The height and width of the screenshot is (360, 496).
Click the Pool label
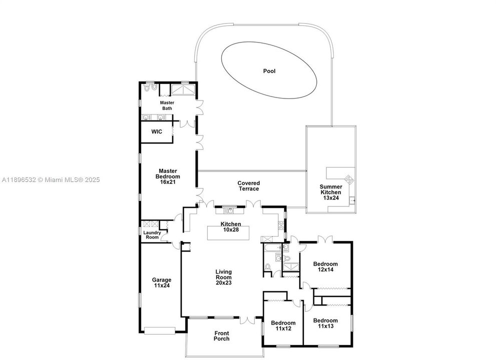[x=269, y=71]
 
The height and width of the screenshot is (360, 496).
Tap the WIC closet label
[x=157, y=131]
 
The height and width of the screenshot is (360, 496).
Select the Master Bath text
[x=167, y=105]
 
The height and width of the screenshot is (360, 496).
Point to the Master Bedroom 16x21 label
[x=168, y=176]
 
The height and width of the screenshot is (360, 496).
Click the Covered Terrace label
[x=249, y=186]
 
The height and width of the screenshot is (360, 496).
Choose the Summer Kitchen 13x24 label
[x=331, y=192]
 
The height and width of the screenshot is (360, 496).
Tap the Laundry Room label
[x=152, y=235]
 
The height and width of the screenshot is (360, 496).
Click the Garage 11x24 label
[x=162, y=282]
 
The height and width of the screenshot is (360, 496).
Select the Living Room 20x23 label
[x=223, y=277]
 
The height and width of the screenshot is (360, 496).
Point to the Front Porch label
[x=221, y=336]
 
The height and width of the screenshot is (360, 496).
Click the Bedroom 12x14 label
[x=325, y=267]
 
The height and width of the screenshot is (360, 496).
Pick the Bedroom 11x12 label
[x=283, y=325]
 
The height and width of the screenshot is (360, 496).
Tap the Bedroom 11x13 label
[x=325, y=323]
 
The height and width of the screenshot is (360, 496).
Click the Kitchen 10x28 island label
[x=231, y=227]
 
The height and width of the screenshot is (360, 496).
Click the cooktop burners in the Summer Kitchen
[x=349, y=179]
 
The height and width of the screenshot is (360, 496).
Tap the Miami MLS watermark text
[x=51, y=180]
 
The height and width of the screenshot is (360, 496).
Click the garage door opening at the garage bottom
[x=159, y=330]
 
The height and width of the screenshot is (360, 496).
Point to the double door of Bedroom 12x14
[x=325, y=239]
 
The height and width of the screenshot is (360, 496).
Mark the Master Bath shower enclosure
[x=184, y=89]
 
